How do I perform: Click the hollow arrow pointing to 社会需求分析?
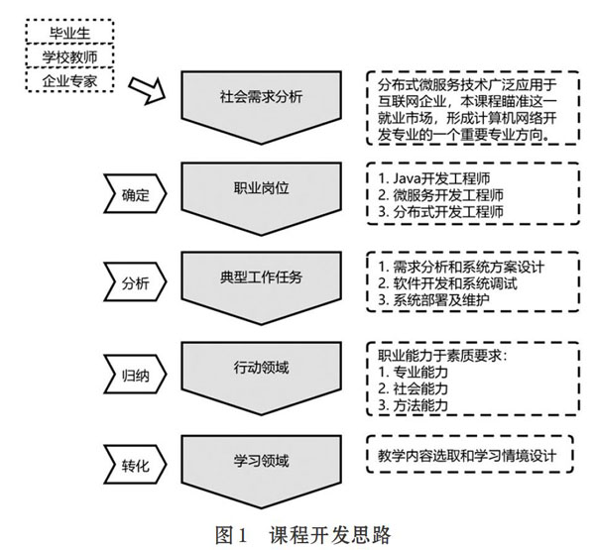(147, 90)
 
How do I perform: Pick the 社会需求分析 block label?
(261, 96)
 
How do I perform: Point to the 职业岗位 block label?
(261, 187)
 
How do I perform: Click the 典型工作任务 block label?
(261, 277)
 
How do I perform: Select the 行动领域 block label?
(261, 368)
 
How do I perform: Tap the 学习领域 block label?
(261, 461)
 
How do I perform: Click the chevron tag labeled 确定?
(135, 193)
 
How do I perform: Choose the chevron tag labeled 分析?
(135, 282)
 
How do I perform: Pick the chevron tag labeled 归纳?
(135, 375)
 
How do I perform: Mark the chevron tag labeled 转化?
(135, 464)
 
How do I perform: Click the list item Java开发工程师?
(433, 178)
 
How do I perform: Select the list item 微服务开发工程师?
(440, 195)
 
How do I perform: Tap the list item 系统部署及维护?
(433, 300)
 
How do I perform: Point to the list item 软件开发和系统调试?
(447, 283)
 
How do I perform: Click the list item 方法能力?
(413, 405)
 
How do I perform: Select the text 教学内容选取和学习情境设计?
(467, 455)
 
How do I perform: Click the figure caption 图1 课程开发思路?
(302, 535)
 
